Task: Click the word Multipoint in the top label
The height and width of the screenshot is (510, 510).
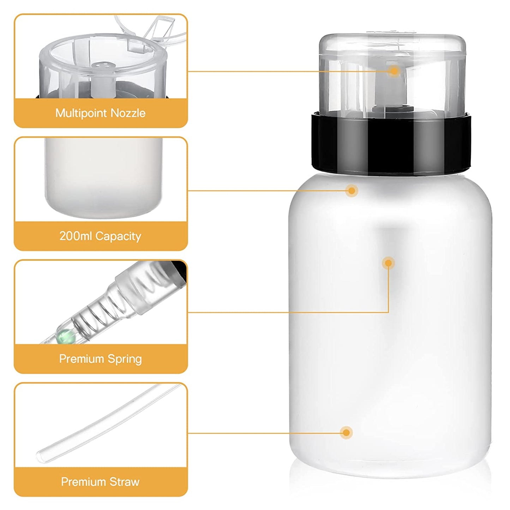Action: point(82,113)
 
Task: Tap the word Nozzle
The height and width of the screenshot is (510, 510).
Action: point(128,113)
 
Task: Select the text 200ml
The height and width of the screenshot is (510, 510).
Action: point(76,236)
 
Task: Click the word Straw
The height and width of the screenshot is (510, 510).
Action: point(124,482)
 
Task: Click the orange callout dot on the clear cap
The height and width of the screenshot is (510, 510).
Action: point(394,71)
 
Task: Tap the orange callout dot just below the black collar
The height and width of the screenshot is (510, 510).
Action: point(352,191)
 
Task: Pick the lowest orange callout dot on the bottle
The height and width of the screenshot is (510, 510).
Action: point(346,433)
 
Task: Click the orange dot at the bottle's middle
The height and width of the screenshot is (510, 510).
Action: point(389,263)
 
